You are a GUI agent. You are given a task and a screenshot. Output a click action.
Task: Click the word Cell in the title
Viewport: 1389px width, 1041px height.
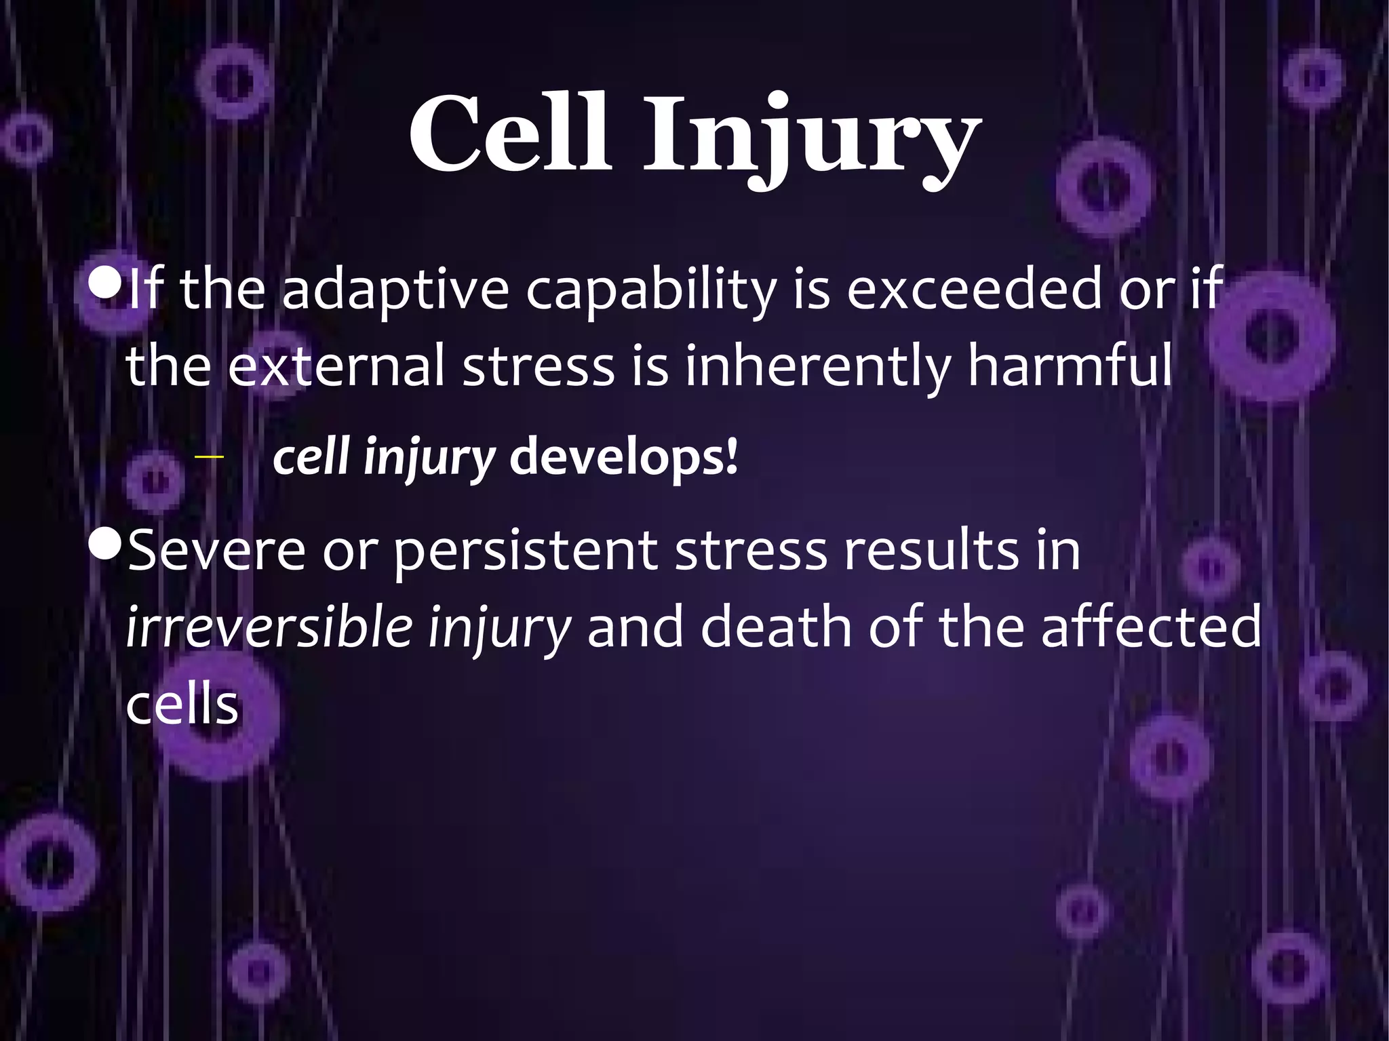(509, 134)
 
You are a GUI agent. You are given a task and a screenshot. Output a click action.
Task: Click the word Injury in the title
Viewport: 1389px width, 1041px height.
(811, 139)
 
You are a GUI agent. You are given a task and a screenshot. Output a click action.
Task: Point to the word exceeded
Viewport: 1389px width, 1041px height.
(975, 288)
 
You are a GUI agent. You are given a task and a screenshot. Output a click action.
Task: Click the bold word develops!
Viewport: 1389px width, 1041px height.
(623, 458)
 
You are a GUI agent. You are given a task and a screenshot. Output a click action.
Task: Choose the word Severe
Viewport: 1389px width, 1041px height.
(216, 550)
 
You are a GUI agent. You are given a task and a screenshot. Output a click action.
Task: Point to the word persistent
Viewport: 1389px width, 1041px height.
(526, 551)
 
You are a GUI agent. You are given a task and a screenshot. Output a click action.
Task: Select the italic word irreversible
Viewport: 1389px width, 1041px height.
(269, 627)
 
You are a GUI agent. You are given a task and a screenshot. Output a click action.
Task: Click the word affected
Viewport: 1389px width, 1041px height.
(1151, 627)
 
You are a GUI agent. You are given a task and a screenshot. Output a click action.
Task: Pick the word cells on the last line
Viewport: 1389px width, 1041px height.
(182, 705)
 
